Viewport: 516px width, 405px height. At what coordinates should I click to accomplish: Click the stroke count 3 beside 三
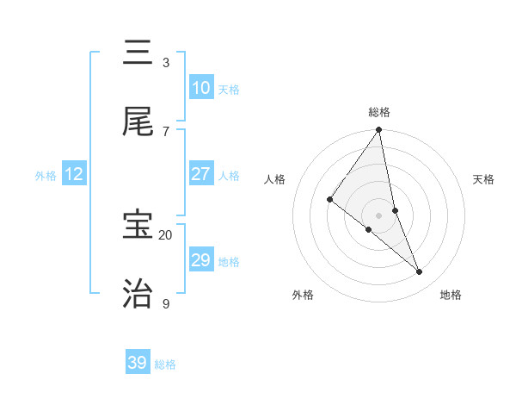tap(165, 62)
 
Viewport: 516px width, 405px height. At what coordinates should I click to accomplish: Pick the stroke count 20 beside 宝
tap(165, 234)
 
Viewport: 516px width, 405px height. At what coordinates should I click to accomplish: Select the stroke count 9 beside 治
tap(165, 303)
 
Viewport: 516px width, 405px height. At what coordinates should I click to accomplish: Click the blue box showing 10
tap(201, 88)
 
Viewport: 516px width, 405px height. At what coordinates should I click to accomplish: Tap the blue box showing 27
tap(201, 174)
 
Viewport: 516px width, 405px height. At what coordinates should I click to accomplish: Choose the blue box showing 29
tap(201, 260)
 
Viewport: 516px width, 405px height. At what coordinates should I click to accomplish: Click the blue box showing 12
tap(74, 174)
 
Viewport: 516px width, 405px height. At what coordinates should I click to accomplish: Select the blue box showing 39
tap(138, 363)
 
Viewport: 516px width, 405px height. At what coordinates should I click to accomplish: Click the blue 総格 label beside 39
tap(165, 364)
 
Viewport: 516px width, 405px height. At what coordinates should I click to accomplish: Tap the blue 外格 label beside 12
tap(46, 176)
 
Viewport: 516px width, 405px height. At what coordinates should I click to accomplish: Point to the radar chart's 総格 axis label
tap(379, 112)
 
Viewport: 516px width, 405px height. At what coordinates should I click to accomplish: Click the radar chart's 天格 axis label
tap(484, 179)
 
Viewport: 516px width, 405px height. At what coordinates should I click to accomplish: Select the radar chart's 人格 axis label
tap(275, 179)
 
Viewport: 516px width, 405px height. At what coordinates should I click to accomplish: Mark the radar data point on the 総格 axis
tap(379, 131)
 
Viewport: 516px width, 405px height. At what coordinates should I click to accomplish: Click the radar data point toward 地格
tap(420, 272)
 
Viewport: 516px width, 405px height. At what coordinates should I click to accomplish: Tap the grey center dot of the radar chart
tap(379, 215)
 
